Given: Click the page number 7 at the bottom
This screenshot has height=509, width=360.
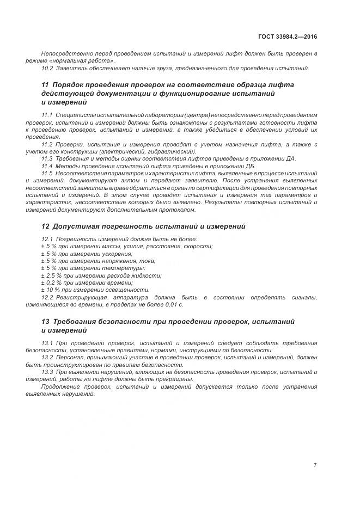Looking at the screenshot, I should click(x=315, y=465).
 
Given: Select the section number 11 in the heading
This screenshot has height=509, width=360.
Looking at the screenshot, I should click(x=45, y=85).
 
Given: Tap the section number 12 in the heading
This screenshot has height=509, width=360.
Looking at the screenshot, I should click(x=45, y=225).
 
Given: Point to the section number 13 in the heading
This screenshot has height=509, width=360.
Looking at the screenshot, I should click(x=45, y=322).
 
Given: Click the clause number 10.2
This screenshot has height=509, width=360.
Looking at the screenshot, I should click(x=47, y=68).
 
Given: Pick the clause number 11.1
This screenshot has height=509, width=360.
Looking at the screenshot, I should click(x=47, y=115).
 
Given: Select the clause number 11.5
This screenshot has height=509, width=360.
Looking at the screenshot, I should click(x=47, y=173).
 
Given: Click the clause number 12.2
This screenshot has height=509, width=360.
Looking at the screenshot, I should click(x=47, y=297).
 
